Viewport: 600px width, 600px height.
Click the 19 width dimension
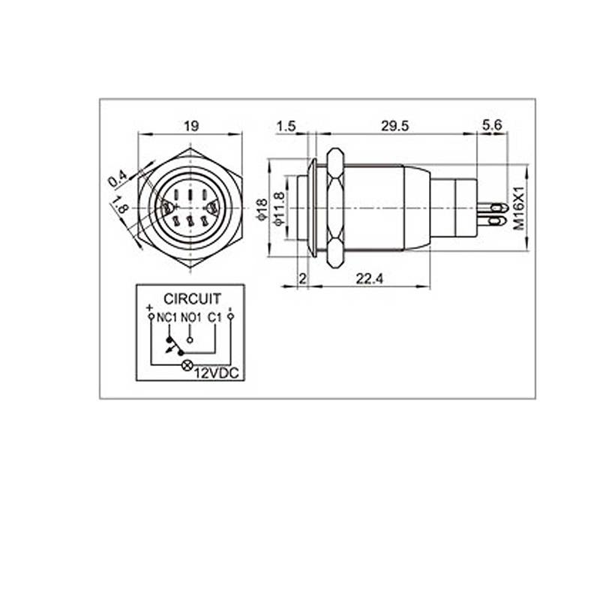click(x=191, y=126)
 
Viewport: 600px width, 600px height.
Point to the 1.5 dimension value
click(x=286, y=126)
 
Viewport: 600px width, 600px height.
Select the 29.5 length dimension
click(x=395, y=126)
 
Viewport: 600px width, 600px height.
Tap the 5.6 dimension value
click(x=492, y=125)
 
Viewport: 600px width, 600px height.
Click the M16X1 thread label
click(x=519, y=208)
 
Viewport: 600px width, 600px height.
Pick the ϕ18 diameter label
click(x=262, y=209)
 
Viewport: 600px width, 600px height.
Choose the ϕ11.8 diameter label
click(x=280, y=208)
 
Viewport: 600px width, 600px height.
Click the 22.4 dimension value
click(x=369, y=279)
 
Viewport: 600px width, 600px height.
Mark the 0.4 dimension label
click(x=117, y=179)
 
